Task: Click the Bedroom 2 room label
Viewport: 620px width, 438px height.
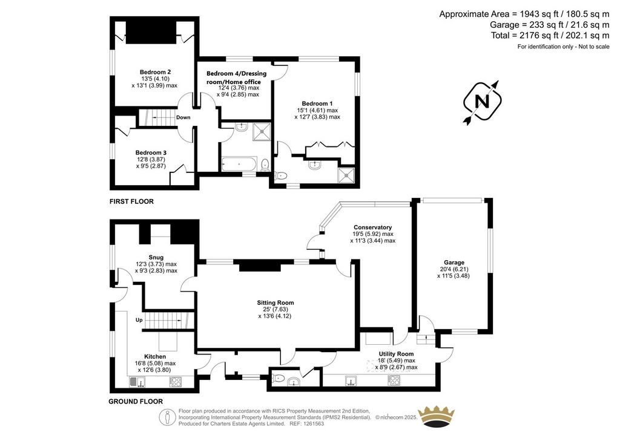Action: [x=156, y=72]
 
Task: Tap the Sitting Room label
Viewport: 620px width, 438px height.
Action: [x=275, y=303]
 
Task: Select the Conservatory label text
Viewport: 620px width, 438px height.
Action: [x=372, y=227]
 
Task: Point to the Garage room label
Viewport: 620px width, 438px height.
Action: [x=454, y=262]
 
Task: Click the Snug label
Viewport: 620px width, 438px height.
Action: [x=156, y=258]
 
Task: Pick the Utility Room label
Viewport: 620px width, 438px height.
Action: [x=396, y=354]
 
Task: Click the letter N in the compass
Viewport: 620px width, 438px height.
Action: [x=482, y=101]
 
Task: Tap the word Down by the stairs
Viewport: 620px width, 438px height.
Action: [x=183, y=117]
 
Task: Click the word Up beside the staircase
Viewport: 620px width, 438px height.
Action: [x=139, y=320]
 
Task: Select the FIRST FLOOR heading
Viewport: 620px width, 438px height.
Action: [x=131, y=201]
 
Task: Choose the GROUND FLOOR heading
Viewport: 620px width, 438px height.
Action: [x=136, y=402]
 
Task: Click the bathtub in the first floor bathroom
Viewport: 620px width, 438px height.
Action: [x=239, y=164]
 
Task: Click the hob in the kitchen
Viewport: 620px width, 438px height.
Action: [x=176, y=382]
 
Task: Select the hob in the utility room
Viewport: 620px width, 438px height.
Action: [x=394, y=380]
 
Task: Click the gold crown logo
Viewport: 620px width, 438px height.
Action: [x=437, y=417]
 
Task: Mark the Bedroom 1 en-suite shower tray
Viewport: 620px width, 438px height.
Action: [x=346, y=175]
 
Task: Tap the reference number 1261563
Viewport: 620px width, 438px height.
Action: [x=312, y=423]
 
